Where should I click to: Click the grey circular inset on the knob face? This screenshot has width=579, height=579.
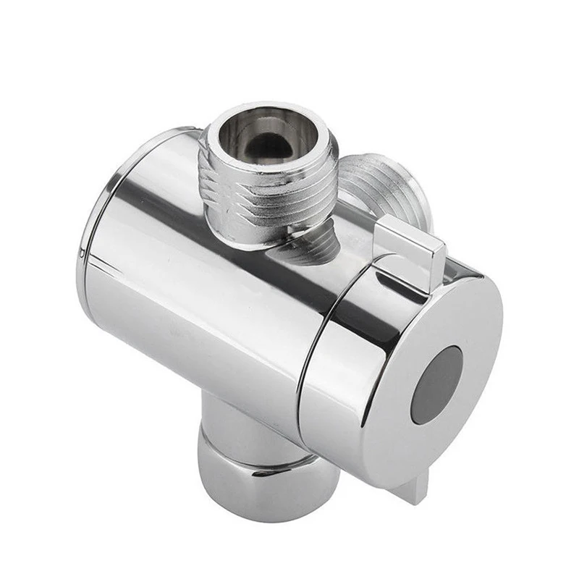[436, 384]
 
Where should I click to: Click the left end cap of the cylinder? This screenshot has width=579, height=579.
[90, 239]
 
